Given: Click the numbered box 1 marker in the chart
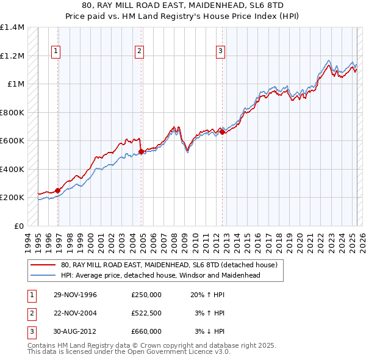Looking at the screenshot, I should pyautogui.click(x=56, y=51).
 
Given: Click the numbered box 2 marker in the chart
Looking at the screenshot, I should pyautogui.click(x=139, y=51).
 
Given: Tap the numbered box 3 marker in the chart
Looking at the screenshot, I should pyautogui.click(x=220, y=51).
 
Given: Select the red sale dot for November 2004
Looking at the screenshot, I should pyautogui.click(x=141, y=151).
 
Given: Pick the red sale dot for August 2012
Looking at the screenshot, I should pyautogui.click(x=222, y=132).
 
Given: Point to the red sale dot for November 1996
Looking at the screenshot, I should pyautogui.click(x=58, y=190).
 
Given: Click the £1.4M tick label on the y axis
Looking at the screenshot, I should pyautogui.click(x=12, y=27).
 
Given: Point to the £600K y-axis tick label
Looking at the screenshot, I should pyautogui.click(x=12, y=141).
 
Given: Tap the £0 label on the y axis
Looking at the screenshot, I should pyautogui.click(x=19, y=226).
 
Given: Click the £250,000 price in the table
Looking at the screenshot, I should pyautogui.click(x=146, y=295).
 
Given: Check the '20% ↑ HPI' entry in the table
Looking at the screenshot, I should pyautogui.click(x=208, y=295).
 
